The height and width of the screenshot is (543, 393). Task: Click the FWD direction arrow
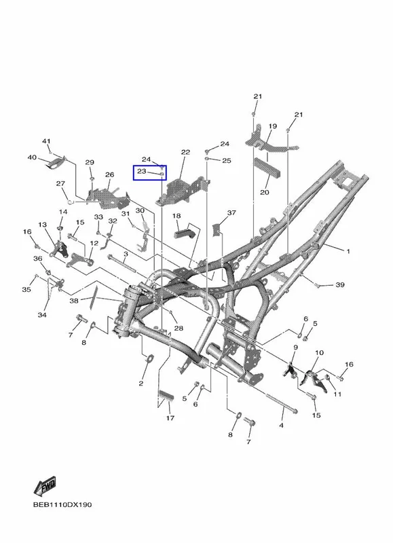pyautogui.click(x=45, y=486)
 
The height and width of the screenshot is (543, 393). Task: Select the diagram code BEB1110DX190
pyautogui.click(x=62, y=504)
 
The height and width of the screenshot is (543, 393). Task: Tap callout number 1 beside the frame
pyautogui.click(x=348, y=251)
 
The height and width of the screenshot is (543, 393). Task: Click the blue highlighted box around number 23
pyautogui.click(x=150, y=172)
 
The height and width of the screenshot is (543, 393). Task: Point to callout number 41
pyautogui.click(x=46, y=141)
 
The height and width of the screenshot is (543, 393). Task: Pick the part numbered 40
pyautogui.click(x=56, y=162)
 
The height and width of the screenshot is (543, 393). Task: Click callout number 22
pyautogui.click(x=185, y=152)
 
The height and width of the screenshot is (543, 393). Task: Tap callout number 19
pyautogui.click(x=273, y=126)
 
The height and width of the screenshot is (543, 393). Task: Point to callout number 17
pyautogui.click(x=170, y=418)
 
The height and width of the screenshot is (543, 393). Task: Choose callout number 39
pyautogui.click(x=340, y=284)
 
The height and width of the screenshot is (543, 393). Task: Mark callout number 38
pyautogui.click(x=74, y=301)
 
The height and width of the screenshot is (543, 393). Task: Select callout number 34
pyautogui.click(x=42, y=315)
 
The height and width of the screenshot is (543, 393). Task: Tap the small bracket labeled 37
pyautogui.click(x=217, y=229)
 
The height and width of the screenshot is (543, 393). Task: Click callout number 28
pyautogui.click(x=179, y=328)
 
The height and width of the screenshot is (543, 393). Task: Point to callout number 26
pyautogui.click(x=110, y=174)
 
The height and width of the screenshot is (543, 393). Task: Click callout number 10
pyautogui.click(x=319, y=352)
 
